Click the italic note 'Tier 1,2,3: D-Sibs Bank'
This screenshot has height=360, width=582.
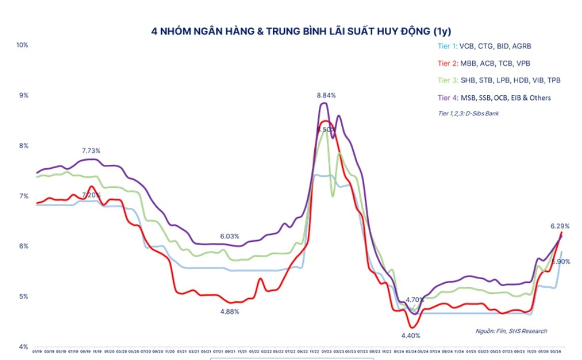[x=468, y=114]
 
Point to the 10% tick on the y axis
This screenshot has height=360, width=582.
[x=22, y=45]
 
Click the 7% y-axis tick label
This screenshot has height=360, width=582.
[x=22, y=196]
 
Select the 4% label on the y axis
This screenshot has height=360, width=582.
[x=22, y=347]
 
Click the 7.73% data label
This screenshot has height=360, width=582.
[x=91, y=151]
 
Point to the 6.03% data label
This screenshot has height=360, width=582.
[x=229, y=237]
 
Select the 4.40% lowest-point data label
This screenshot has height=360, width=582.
[x=411, y=335]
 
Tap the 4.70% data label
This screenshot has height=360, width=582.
[x=415, y=300]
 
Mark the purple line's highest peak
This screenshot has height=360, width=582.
[x=324, y=103]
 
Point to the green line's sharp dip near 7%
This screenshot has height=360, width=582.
[x=333, y=196]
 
